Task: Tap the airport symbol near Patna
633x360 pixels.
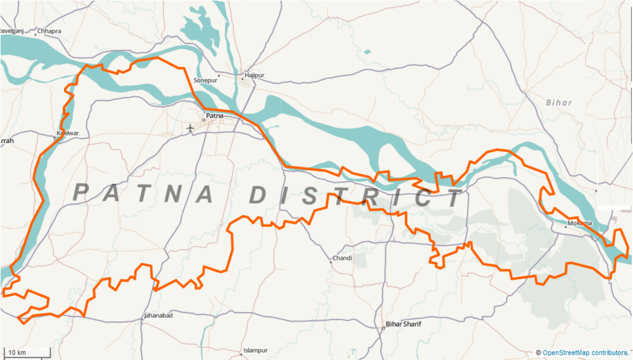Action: (191, 127)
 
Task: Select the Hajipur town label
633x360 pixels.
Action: (254, 75)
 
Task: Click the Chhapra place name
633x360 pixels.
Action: (49, 31)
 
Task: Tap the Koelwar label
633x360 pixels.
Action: (68, 133)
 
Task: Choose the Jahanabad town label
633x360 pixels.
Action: (158, 316)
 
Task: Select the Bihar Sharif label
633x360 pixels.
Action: (404, 324)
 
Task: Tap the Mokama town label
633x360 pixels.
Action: (580, 223)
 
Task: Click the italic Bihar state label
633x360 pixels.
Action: (559, 103)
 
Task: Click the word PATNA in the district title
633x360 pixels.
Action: (144, 193)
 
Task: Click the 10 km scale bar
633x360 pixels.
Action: (26, 353)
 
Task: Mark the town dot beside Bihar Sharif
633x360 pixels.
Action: (383, 328)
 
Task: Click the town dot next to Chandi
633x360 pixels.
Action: (331, 262)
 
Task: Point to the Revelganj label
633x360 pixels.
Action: (12, 31)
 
